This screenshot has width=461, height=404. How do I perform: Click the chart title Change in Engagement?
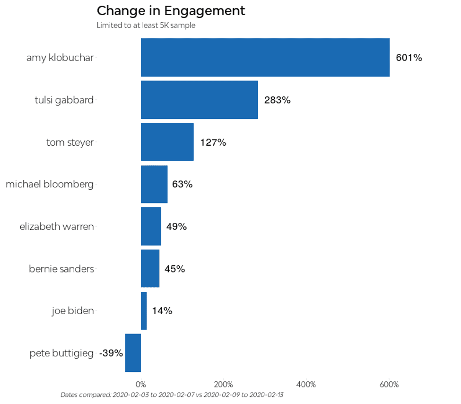click(x=171, y=11)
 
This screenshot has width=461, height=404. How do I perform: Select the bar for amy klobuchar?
click(x=265, y=57)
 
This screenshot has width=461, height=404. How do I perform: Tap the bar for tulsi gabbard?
click(x=199, y=99)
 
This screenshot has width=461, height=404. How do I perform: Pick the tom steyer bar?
click(x=167, y=142)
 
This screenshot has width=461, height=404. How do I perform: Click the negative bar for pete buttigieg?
click(x=133, y=353)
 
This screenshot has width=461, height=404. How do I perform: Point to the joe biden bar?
click(x=144, y=311)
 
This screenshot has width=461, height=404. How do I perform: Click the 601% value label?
click(x=409, y=58)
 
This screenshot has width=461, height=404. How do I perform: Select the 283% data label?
click(x=277, y=100)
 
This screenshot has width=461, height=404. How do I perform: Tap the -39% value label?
click(x=111, y=353)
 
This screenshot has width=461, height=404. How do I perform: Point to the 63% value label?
click(x=182, y=184)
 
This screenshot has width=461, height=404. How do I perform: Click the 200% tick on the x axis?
click(x=223, y=384)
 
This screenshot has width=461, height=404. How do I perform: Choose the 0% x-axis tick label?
click(x=141, y=384)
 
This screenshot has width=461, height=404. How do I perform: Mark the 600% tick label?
click(x=389, y=384)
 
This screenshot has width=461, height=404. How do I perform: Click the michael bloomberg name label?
click(x=50, y=184)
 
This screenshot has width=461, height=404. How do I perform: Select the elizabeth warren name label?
click(x=57, y=226)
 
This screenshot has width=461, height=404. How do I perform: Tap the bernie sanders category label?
click(x=61, y=269)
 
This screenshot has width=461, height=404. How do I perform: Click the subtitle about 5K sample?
click(x=146, y=26)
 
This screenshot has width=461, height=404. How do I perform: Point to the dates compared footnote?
click(x=172, y=395)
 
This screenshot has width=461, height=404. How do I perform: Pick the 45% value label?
click(x=174, y=269)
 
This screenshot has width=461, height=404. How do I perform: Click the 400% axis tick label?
click(x=306, y=384)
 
